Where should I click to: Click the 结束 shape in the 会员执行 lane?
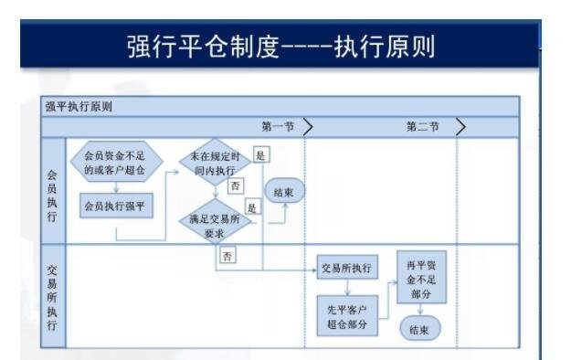click(283, 191)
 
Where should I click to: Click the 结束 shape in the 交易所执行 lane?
click(419, 330)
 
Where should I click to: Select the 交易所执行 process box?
click(347, 269)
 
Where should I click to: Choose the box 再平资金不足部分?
click(419, 279)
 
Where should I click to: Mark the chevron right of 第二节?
click(460, 126)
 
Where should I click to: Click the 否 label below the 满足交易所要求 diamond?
click(227, 256)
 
